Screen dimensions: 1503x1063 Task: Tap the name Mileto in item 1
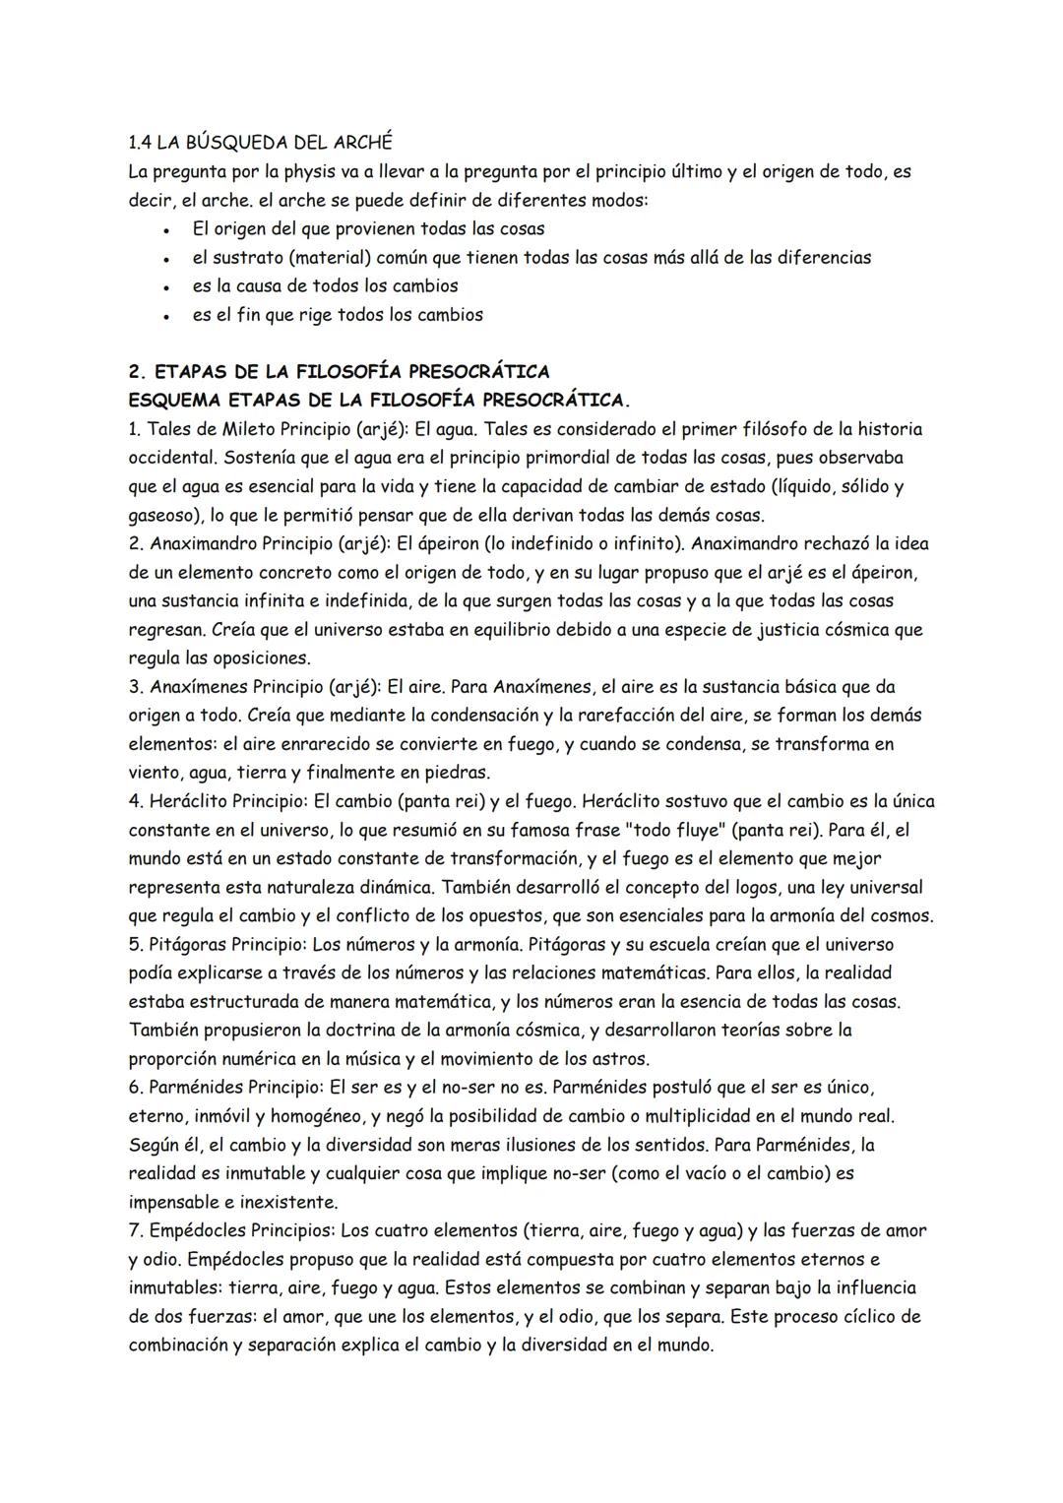click(x=251, y=429)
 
